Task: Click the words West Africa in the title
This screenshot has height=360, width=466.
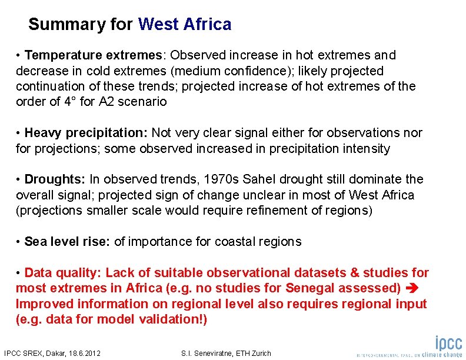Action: pyautogui.click(x=185, y=25)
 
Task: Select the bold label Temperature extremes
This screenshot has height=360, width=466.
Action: pyautogui.click(x=94, y=55)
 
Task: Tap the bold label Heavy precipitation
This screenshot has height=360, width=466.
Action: pyautogui.click(x=87, y=133)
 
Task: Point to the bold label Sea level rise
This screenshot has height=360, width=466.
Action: pyautogui.click(x=67, y=242)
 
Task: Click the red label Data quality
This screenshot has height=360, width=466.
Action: pyautogui.click(x=62, y=273)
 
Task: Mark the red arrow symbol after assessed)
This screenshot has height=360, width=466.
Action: pyautogui.click(x=411, y=288)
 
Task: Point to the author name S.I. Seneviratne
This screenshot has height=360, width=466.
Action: pyautogui.click(x=206, y=354)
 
